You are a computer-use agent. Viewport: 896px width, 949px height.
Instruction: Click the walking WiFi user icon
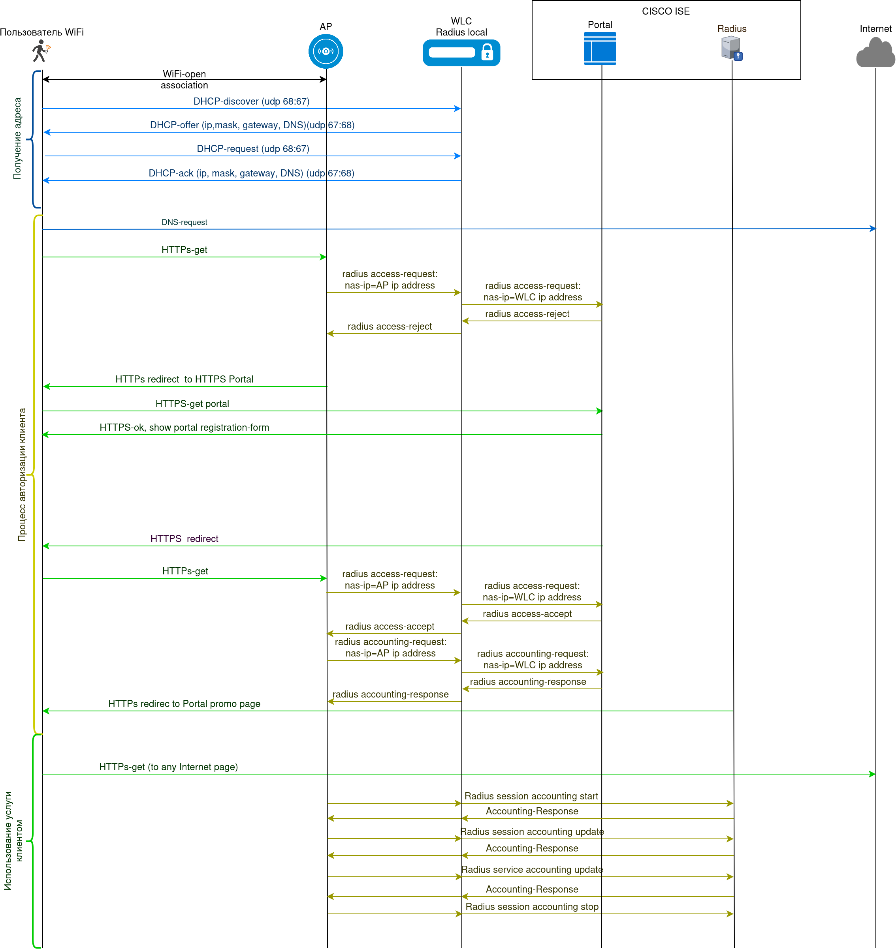(x=41, y=51)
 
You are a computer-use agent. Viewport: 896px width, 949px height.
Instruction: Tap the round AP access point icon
(x=326, y=51)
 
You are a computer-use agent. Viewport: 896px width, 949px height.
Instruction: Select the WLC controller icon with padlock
(x=461, y=53)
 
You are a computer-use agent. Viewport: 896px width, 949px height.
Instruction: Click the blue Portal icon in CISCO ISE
(x=600, y=48)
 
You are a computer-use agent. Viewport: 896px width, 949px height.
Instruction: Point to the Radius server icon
(x=731, y=48)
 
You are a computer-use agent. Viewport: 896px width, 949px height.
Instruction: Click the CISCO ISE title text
(x=665, y=11)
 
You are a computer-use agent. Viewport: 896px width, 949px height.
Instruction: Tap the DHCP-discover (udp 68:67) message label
(x=251, y=101)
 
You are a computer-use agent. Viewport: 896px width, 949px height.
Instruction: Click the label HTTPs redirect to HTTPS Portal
(x=184, y=379)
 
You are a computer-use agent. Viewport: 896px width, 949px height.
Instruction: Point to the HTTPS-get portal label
(x=192, y=404)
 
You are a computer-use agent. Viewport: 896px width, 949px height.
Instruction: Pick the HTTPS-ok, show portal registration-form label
(x=184, y=428)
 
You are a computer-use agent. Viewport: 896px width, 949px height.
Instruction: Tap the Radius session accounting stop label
(x=532, y=906)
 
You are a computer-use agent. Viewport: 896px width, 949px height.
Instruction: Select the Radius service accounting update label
(x=532, y=869)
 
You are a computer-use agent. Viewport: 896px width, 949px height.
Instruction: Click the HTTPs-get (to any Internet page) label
(x=168, y=767)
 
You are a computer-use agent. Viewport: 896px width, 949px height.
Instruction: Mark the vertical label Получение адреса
(x=18, y=139)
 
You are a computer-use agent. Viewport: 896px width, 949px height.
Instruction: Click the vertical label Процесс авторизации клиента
(x=22, y=474)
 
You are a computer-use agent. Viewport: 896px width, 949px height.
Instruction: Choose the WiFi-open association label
(x=184, y=80)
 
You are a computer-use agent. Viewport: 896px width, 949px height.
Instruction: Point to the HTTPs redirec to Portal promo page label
(x=184, y=703)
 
